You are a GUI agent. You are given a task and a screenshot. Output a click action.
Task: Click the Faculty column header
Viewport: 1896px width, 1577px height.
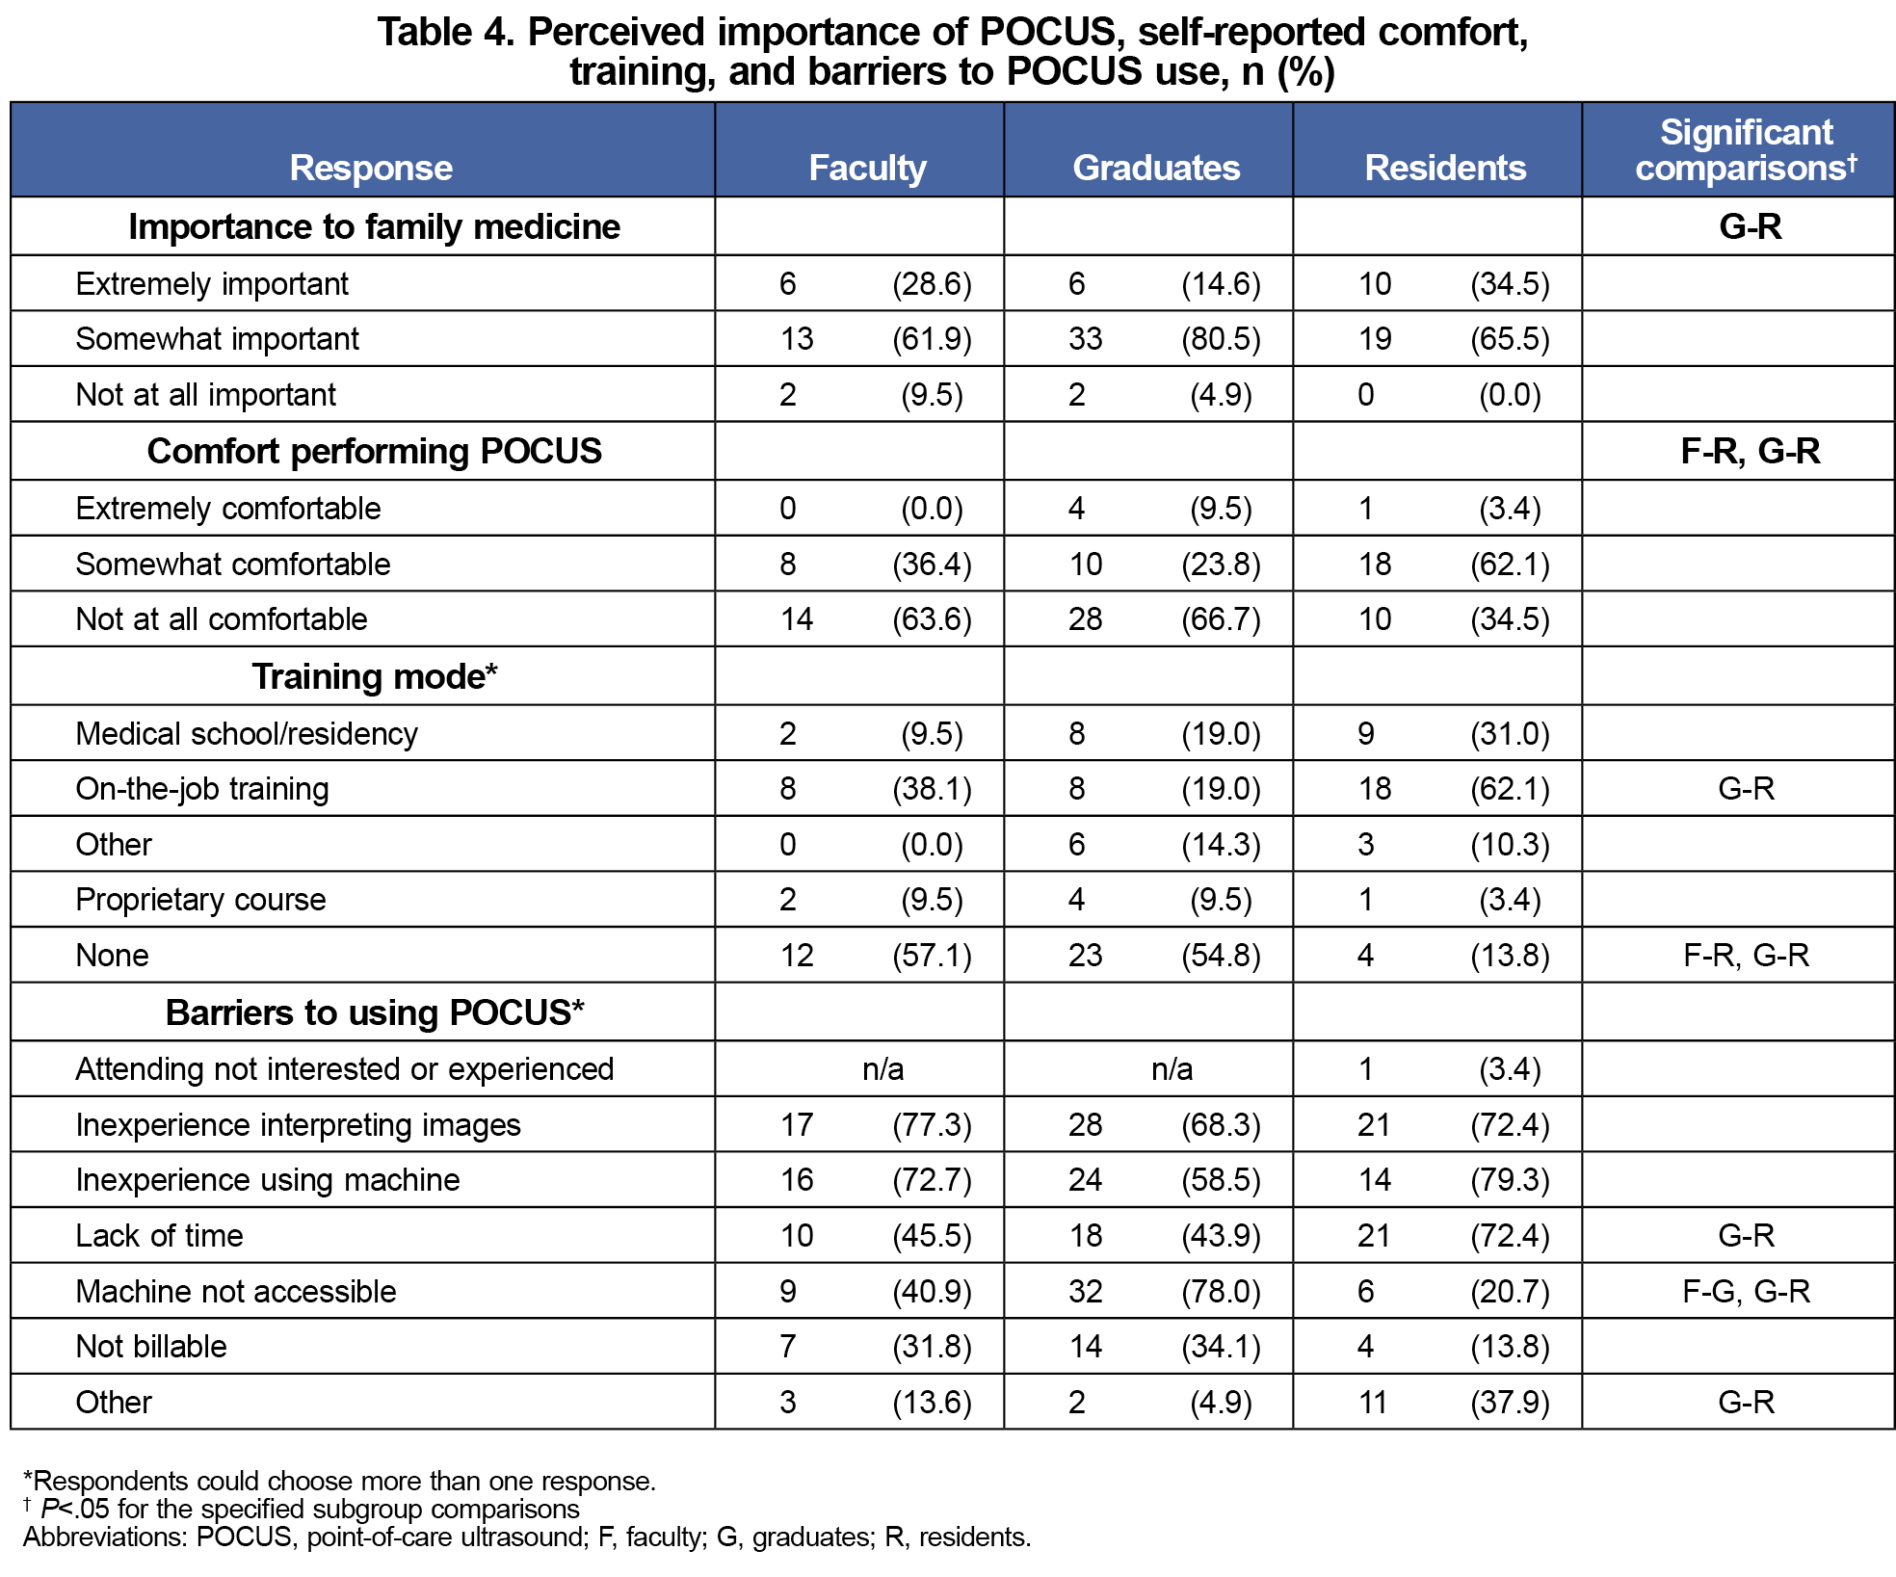click(867, 168)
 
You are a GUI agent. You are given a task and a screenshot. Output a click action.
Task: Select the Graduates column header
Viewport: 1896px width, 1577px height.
click(1156, 168)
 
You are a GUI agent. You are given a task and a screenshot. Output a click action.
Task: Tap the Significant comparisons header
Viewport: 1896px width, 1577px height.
click(1746, 150)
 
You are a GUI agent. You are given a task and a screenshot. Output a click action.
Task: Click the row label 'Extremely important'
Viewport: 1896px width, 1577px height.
click(212, 284)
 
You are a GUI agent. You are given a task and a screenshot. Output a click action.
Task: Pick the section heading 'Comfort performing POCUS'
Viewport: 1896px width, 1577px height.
click(374, 451)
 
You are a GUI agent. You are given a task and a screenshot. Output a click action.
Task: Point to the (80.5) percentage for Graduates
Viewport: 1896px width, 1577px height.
click(1221, 339)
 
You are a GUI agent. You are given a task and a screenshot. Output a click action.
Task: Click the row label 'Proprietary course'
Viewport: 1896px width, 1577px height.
click(200, 900)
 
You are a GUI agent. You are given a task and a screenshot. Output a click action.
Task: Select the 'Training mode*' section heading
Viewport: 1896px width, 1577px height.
click(374, 676)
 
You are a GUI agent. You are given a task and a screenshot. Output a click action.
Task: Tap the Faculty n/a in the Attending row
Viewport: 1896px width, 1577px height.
click(882, 1069)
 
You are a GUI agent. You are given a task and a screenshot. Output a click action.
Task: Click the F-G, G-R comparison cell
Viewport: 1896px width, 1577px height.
click(1746, 1291)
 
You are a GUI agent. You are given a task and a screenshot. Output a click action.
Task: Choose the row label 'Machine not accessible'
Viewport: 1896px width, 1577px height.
click(236, 1291)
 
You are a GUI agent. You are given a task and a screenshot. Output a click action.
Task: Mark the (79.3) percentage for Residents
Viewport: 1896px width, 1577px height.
click(1510, 1180)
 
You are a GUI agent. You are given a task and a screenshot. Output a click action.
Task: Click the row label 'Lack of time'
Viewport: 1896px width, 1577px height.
click(160, 1236)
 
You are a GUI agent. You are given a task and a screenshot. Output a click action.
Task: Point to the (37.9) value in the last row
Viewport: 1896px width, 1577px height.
click(1510, 1403)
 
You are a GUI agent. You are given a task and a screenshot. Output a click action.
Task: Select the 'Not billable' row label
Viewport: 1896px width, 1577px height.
click(151, 1347)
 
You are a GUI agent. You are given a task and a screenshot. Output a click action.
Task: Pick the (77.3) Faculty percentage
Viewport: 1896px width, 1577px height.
click(932, 1125)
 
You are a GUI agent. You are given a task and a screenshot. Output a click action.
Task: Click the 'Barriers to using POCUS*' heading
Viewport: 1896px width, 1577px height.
click(374, 1012)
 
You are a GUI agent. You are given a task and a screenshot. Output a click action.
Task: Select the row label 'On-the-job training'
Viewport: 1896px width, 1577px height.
click(202, 789)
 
